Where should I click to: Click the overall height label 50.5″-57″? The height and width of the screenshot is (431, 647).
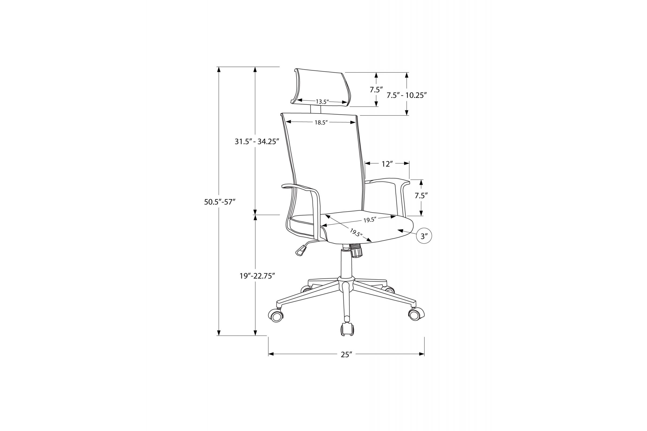tap(220, 202)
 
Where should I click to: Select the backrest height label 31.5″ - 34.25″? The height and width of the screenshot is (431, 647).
tap(257, 142)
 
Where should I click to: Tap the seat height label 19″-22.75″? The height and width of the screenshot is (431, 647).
tap(257, 276)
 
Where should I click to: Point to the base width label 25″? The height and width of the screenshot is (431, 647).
tap(346, 354)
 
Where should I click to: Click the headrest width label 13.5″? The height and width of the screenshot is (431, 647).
tap(322, 102)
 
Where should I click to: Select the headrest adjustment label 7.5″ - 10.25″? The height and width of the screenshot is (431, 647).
tap(407, 95)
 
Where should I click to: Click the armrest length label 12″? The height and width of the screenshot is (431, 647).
tap(387, 164)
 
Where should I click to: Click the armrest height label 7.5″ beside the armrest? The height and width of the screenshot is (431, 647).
tap(421, 196)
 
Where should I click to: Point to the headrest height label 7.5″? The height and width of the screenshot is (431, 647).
tap(376, 90)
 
